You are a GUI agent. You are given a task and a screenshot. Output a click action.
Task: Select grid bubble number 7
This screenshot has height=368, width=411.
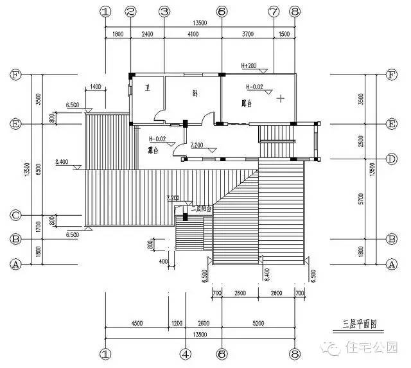click(x=274, y=12)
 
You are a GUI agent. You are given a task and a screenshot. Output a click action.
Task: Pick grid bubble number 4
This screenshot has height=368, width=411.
click(x=185, y=353)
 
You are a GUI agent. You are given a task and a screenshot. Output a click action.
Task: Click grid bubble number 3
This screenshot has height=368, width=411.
click(x=164, y=12)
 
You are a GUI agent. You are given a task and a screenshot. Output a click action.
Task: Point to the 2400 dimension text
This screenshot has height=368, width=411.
click(x=147, y=35)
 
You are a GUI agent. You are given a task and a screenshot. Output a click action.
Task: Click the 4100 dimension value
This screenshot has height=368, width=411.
click(x=192, y=35)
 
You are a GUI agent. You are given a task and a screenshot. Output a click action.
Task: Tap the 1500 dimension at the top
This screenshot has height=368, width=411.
click(x=284, y=35)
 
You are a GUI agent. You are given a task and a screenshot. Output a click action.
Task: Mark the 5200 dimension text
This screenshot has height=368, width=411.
click(x=258, y=324)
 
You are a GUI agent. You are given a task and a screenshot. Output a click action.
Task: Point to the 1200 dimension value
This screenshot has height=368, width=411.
click(x=177, y=324)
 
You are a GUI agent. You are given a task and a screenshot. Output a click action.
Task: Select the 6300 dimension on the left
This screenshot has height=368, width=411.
click(x=39, y=169)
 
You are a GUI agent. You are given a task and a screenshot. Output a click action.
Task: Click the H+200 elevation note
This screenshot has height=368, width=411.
click(x=249, y=66)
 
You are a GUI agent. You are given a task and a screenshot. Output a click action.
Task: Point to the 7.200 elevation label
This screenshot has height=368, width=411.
click(x=197, y=146)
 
